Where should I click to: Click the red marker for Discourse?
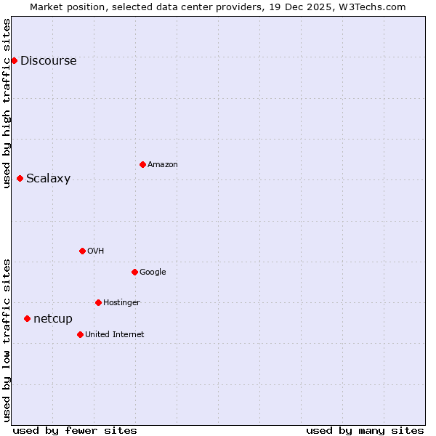(14, 60)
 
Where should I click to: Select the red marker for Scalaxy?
(20, 178)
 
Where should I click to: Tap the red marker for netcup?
(27, 318)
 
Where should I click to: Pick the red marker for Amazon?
(142, 164)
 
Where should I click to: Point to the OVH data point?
(82, 251)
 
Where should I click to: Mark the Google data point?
(134, 272)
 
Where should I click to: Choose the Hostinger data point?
(98, 302)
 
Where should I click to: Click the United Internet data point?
(80, 334)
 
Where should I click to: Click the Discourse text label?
(49, 61)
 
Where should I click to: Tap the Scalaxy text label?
(49, 179)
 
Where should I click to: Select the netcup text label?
(53, 319)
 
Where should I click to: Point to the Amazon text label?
(163, 165)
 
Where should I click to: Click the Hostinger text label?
(121, 303)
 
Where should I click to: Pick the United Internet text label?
(115, 335)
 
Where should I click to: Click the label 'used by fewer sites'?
(75, 430)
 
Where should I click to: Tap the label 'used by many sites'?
(365, 430)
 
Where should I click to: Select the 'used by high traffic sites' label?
(7, 102)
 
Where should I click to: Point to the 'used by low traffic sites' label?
(7, 339)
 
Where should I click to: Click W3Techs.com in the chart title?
(376, 7)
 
